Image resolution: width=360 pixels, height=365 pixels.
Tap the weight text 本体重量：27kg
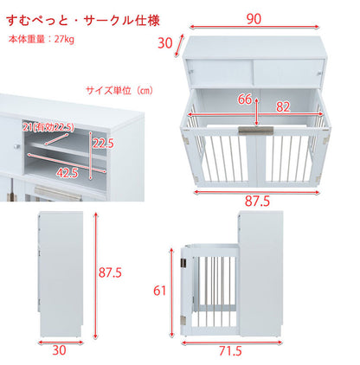coord(41,40)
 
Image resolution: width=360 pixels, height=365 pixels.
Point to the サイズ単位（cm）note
coord(119,90)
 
